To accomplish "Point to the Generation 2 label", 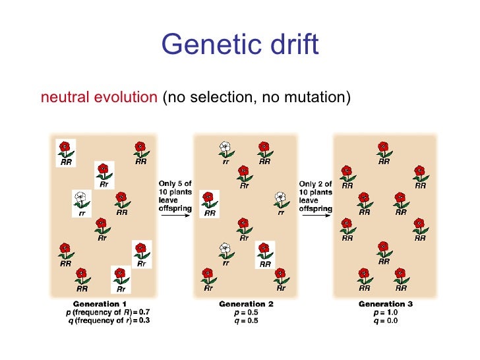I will click(246, 305).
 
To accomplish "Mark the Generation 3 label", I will click(385, 305).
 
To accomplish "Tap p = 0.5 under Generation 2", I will click(246, 313).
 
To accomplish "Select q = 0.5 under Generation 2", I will click(246, 320).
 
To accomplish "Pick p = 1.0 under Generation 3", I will click(385, 313).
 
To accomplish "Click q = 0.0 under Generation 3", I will click(385, 320).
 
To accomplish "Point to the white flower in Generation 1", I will click(81, 197).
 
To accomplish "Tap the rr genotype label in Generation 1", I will click(82, 212).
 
